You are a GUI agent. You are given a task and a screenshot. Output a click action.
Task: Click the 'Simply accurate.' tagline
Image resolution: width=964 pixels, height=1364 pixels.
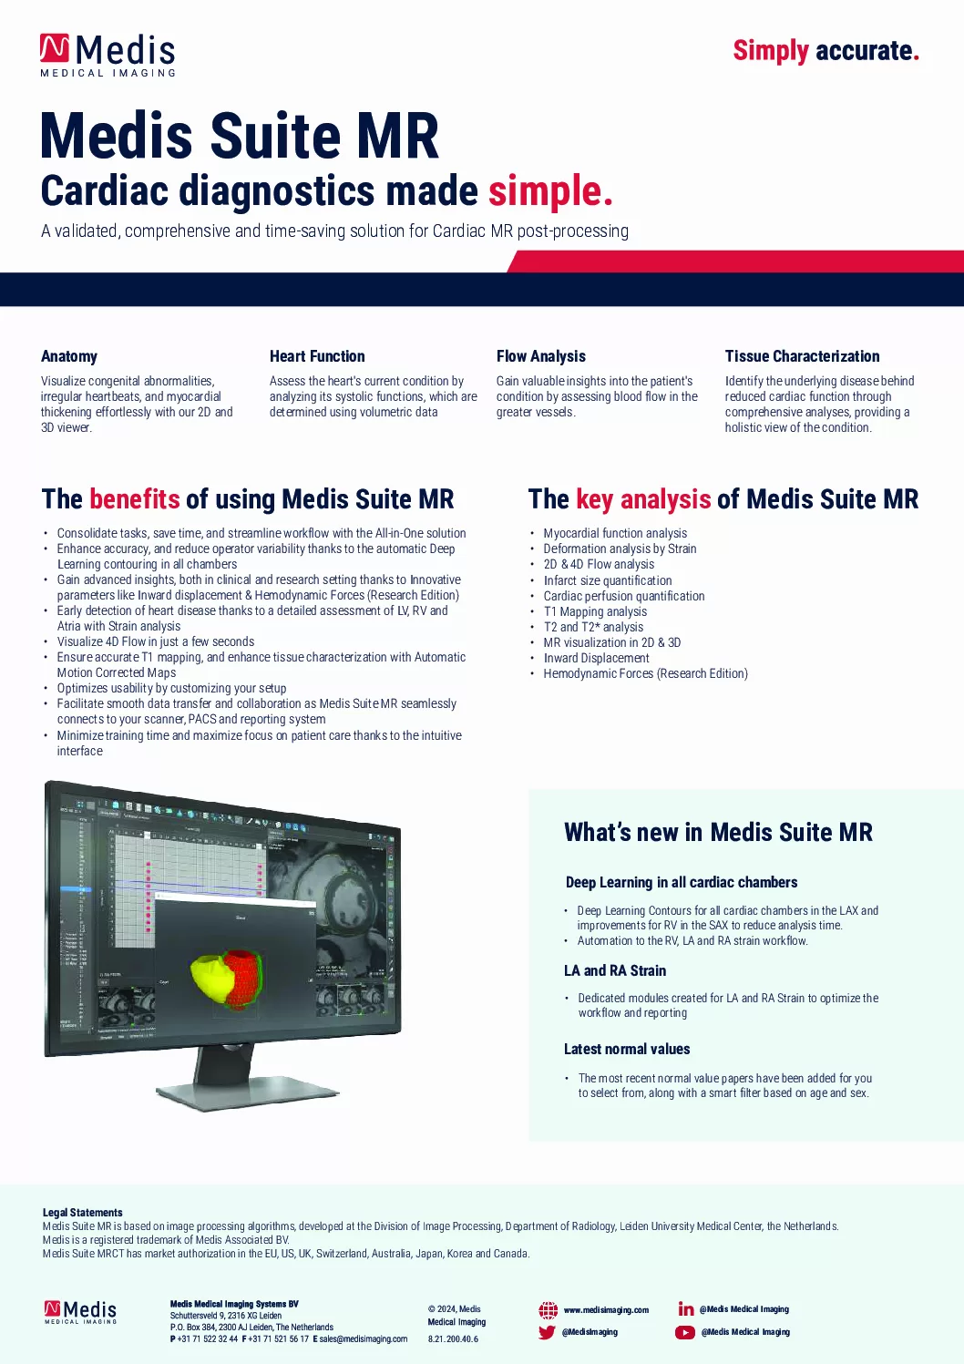pos(826,51)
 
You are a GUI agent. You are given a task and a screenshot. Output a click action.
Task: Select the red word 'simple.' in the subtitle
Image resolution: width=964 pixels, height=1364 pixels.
pos(550,191)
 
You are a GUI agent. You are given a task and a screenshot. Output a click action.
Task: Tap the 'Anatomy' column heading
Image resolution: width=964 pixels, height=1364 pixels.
pos(69,356)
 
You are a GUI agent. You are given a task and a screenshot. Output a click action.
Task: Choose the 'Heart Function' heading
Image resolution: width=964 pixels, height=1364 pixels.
pos(317,356)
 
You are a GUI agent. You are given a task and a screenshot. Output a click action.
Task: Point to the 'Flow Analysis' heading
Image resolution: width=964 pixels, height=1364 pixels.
pos(541,356)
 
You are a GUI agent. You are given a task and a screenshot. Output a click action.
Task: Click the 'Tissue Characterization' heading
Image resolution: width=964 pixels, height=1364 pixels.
pos(802,356)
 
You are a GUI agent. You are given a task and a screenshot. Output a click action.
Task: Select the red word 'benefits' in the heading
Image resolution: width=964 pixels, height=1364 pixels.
pos(135,499)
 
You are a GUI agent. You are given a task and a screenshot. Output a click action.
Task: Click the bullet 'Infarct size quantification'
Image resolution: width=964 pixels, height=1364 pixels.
pos(608,580)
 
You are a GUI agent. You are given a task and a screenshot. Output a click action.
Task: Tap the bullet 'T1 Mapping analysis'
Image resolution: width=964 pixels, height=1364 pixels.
pos(595,611)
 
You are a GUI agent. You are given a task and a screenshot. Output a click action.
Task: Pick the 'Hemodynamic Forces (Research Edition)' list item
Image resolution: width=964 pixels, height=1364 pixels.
pos(645,673)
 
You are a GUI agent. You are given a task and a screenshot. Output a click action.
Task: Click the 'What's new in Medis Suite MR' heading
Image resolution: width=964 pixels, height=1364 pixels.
pos(718,832)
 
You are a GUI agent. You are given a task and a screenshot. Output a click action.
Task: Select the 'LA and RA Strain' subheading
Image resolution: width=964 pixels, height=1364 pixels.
pos(615,970)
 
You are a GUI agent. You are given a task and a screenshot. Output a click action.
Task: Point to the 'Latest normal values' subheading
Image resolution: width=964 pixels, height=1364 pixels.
pos(627,1049)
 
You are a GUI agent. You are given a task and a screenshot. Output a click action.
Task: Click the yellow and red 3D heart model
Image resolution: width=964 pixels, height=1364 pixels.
pos(229,976)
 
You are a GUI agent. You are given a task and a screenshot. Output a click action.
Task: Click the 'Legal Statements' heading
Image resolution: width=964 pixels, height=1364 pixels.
pos(82,1213)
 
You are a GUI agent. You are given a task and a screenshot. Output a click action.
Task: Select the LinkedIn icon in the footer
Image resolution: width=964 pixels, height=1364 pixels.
pos(686,1309)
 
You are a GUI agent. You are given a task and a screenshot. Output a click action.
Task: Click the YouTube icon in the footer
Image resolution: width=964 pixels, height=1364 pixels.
pos(685,1332)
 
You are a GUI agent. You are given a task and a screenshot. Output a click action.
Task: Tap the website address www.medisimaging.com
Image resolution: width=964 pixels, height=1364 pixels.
pos(606,1310)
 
